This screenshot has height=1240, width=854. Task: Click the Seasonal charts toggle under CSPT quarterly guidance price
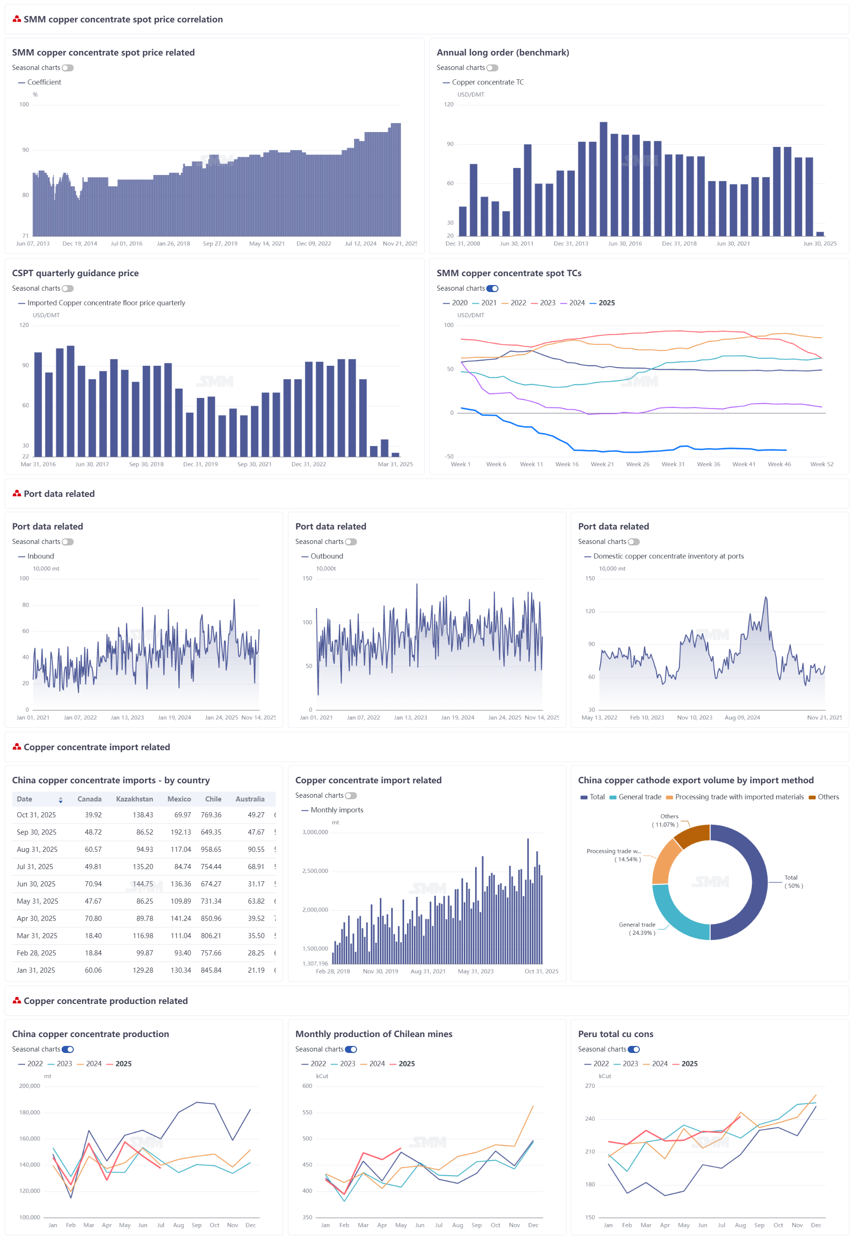[x=67, y=288]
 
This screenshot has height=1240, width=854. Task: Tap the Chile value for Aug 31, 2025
[x=211, y=849]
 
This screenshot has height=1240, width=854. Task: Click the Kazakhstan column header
[x=134, y=799]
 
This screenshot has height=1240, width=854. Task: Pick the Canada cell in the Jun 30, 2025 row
[x=93, y=884]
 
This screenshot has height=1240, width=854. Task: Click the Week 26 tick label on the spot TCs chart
[x=637, y=464]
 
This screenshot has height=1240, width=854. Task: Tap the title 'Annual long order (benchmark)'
[x=503, y=52]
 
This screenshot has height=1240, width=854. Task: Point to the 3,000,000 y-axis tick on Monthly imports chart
[x=315, y=832]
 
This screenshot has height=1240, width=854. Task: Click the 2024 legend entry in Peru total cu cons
[x=659, y=1064]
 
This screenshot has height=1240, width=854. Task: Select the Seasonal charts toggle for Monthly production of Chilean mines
[x=350, y=1049]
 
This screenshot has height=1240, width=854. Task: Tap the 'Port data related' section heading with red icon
[x=59, y=494]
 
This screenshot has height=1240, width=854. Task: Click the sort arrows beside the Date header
[x=61, y=800]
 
